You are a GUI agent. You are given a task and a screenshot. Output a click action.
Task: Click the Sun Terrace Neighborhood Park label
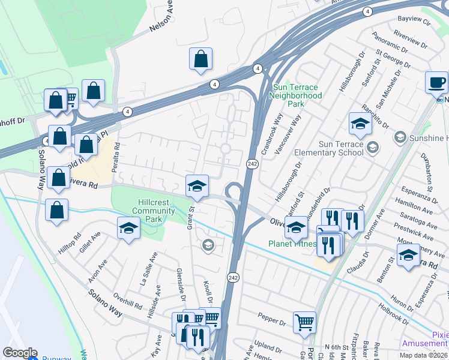[x=295, y=95]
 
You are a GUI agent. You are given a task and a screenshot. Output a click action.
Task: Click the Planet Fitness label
[x=292, y=244]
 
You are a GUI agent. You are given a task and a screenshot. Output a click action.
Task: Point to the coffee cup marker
[x=436, y=82]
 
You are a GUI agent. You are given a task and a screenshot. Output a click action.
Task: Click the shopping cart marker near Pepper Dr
[x=304, y=322]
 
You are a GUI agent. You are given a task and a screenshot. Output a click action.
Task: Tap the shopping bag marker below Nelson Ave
[x=200, y=59]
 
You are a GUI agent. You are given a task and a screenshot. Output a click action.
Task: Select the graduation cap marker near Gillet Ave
[x=128, y=229]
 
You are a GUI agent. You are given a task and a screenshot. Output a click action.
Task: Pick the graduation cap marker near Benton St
[x=408, y=256]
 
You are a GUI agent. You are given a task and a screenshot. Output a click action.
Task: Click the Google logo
[x=20, y=353]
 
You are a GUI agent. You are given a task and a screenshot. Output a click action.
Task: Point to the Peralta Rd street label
[x=116, y=154]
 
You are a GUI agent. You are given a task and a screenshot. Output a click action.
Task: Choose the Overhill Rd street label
[x=127, y=302]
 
